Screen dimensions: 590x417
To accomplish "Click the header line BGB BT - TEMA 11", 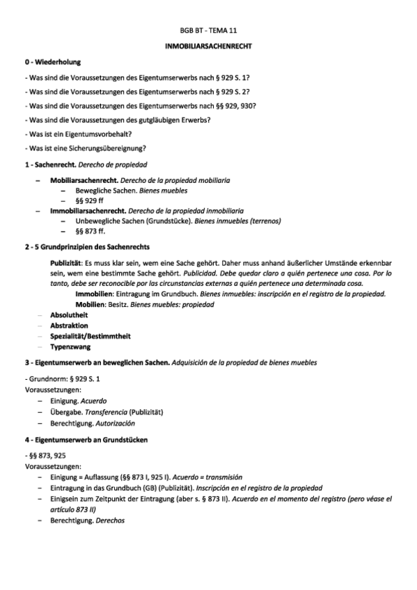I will click(208, 32).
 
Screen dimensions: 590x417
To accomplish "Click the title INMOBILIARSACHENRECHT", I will click(208, 47).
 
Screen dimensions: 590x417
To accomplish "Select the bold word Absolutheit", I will click(69, 314).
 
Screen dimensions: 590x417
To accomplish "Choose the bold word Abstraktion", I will click(69, 325).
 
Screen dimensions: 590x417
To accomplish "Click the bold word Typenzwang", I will click(70, 346).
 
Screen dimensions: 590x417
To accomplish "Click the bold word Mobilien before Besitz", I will click(91, 304).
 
